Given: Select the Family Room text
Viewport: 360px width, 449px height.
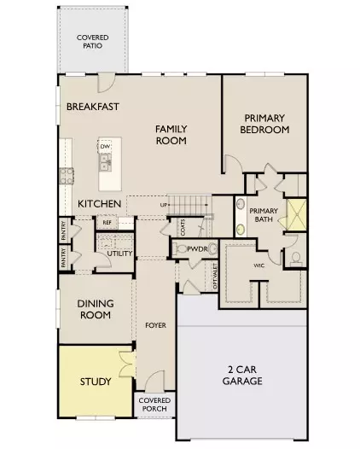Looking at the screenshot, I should tap(171, 134).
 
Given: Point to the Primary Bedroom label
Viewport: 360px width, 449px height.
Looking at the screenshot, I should tap(266, 125).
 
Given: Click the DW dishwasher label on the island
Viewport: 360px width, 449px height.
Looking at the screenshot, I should tap(104, 147).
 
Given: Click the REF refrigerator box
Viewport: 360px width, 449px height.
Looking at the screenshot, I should tap(107, 223).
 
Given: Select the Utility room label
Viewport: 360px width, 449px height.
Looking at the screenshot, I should tap(119, 254).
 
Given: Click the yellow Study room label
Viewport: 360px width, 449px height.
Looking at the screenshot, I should tap(95, 381).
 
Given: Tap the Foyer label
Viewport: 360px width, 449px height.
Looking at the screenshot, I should tap(155, 325).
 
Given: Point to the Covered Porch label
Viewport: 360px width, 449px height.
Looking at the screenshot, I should tap(154, 405).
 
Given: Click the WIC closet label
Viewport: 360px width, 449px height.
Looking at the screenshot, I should tap(260, 265).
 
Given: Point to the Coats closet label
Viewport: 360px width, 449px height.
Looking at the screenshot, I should tap(183, 226).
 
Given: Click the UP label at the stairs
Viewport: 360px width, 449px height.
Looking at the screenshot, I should tap(164, 206).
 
